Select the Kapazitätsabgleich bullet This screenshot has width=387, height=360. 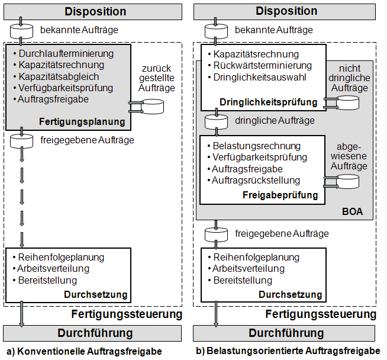point(58,76)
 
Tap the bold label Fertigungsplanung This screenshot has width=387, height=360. point(82,122)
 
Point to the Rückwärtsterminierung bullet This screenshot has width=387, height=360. point(262,66)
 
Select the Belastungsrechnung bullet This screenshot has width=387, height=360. point(256,146)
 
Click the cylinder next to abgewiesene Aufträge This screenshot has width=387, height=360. point(348,182)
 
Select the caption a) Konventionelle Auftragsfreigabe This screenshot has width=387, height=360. point(85,351)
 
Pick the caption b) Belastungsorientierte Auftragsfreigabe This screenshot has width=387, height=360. point(288,351)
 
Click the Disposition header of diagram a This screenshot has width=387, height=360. point(95,11)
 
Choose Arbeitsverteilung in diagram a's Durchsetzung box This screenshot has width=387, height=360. point(53,269)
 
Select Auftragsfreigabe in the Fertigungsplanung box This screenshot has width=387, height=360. point(53,99)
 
